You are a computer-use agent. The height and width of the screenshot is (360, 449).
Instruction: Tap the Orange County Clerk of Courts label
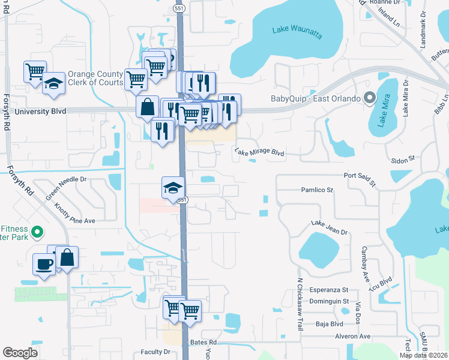[x=95, y=78]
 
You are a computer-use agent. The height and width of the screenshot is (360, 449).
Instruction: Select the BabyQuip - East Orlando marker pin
[x=369, y=98]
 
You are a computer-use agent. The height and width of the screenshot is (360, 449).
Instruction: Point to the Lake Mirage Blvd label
[x=259, y=152]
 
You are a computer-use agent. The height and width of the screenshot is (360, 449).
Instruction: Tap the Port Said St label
[x=359, y=179]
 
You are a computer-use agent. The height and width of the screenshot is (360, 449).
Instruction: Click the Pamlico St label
[x=317, y=190]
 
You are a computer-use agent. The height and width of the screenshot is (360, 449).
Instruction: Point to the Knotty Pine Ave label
[x=74, y=213]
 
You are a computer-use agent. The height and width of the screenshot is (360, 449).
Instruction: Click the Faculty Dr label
[x=155, y=352]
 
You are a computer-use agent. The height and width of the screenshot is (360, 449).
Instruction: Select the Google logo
[x=20, y=352]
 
